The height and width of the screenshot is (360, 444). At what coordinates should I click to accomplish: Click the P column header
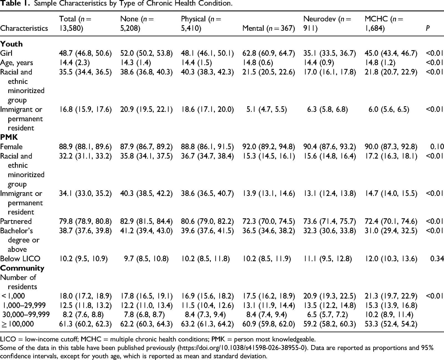[428, 28]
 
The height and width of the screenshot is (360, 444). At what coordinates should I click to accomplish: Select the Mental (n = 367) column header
[269, 28]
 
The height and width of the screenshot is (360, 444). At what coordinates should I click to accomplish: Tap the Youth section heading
[11, 44]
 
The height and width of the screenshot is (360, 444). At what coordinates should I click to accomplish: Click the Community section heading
[22, 268]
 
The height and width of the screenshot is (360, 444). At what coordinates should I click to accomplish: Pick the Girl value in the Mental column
[269, 53]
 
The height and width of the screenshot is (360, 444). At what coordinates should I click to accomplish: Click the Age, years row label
[16, 62]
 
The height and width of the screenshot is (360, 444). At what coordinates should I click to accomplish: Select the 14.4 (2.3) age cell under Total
[74, 62]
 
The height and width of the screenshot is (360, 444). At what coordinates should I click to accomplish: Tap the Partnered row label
[16, 221]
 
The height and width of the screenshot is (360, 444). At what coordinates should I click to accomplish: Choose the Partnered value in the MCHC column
[391, 221]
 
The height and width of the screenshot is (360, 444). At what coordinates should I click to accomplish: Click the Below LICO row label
[20, 259]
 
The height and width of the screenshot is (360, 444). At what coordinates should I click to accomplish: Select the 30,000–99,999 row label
[26, 314]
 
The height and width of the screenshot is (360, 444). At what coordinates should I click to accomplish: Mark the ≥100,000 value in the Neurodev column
[330, 324]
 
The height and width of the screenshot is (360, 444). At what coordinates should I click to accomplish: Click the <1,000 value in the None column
[146, 296]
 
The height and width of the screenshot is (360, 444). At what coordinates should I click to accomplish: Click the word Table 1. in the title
[15, 3]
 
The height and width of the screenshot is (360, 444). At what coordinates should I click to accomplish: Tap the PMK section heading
[9, 137]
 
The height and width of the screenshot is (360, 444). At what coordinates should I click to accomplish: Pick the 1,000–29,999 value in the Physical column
[207, 305]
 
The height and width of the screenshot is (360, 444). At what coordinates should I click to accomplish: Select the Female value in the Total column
[85, 147]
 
